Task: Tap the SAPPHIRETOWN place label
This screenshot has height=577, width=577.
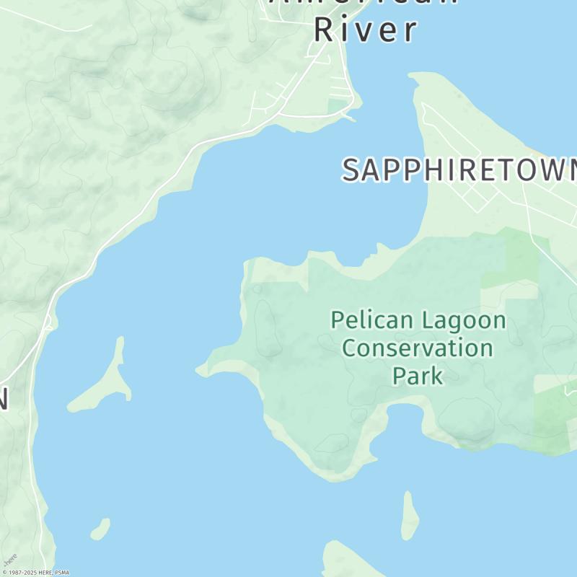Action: point(459,170)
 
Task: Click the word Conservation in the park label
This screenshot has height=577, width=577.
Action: point(417,348)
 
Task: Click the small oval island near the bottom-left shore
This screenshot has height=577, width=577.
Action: point(100,529)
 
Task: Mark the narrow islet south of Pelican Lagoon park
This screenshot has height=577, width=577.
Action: point(410,515)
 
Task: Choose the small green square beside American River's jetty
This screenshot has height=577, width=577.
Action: point(336,106)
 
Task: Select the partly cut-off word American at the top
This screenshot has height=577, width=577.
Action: point(364,2)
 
